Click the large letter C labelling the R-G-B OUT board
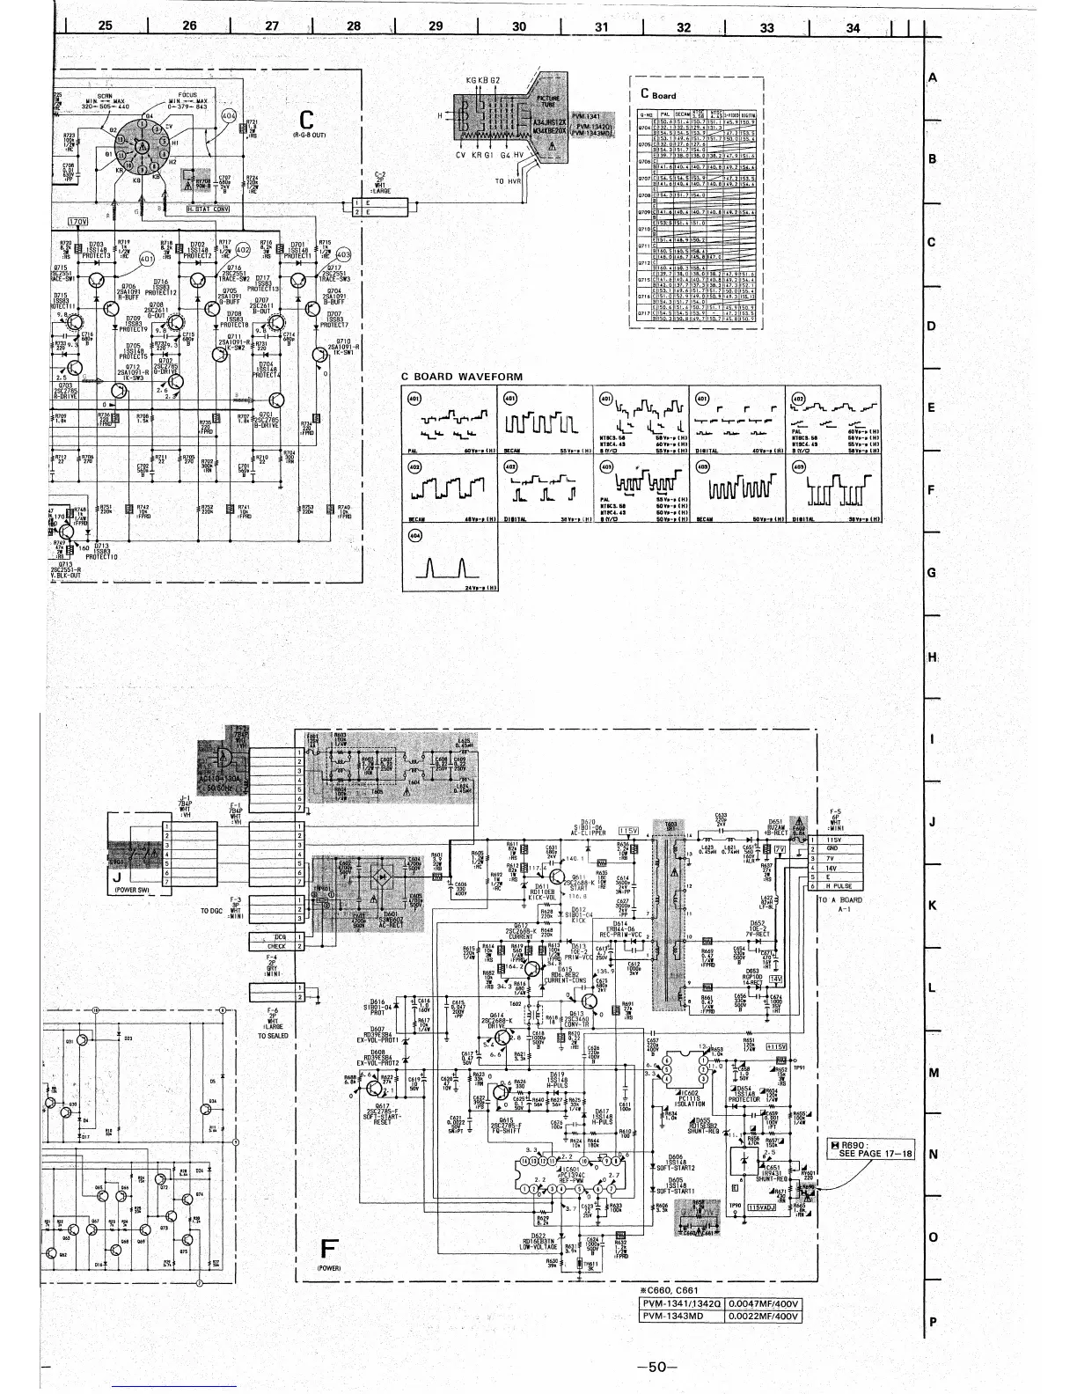point(306,120)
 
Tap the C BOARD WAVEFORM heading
point(462,377)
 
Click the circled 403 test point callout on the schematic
point(343,254)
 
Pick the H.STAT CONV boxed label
point(208,209)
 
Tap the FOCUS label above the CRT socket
point(186,94)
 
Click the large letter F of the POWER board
point(329,1251)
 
